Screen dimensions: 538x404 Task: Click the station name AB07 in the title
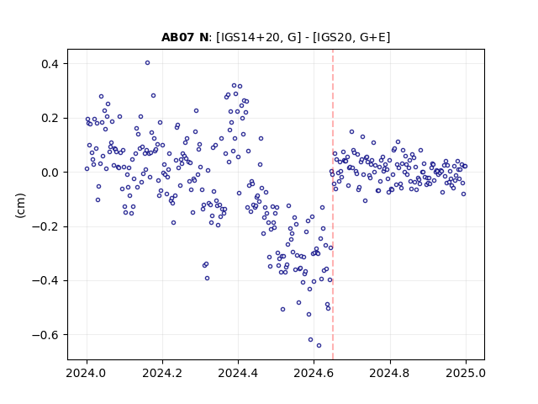pos(178,37)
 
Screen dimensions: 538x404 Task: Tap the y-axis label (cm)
pos(20,205)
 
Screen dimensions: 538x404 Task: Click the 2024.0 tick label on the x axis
pos(87,373)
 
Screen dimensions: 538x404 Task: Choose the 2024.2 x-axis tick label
pos(162,373)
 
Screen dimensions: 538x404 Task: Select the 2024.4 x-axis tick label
pos(238,373)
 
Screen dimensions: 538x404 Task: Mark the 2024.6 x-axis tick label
pos(314,373)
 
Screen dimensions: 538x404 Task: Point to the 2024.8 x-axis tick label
pos(390,373)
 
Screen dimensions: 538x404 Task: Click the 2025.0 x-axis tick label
pos(466,373)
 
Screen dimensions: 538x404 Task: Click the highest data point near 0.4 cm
pos(148,63)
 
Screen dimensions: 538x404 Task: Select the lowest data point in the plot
pos(319,346)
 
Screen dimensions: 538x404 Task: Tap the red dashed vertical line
pos(333,205)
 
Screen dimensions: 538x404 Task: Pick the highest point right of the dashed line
pos(351,132)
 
